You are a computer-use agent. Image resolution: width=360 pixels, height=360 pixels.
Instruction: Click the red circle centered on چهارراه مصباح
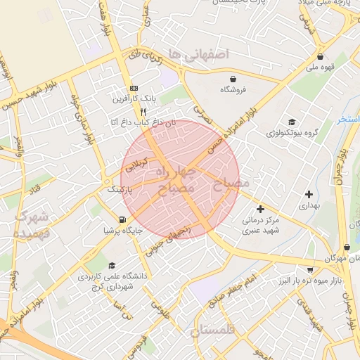point(181,176)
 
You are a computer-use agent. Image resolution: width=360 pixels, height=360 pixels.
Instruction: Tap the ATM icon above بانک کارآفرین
point(134,88)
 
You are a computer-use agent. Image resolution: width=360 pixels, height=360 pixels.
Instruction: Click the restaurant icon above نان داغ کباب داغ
point(143,112)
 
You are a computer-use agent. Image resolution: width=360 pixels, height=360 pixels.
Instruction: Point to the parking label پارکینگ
point(120,190)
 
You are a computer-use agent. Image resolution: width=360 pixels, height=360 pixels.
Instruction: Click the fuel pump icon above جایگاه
point(124,219)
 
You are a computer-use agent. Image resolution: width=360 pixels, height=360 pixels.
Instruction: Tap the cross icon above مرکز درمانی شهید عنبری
point(260,209)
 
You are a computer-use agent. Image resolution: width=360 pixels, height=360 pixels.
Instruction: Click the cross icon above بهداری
point(309,194)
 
